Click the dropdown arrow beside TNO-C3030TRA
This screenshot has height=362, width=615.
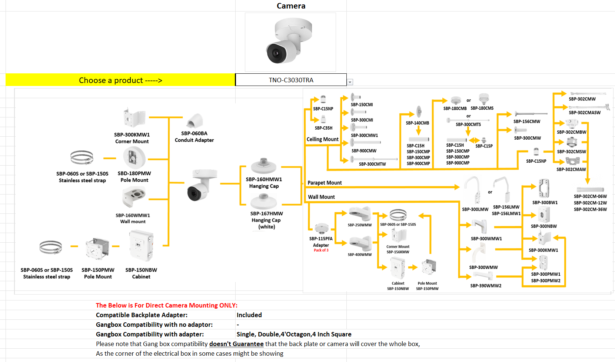[350, 82]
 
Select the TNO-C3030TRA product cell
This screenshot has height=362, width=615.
[291, 80]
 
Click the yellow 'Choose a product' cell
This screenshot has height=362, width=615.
[120, 80]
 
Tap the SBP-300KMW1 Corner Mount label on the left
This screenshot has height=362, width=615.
[132, 138]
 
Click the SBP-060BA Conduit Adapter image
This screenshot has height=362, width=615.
[195, 121]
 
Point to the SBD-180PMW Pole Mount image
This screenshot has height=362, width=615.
[134, 157]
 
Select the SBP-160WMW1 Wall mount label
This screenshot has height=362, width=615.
[133, 218]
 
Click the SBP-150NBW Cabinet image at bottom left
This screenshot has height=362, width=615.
[141, 245]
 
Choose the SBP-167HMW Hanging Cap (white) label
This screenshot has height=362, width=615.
[266, 220]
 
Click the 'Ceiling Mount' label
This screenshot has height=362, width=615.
[322, 139]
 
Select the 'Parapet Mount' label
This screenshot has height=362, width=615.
[325, 183]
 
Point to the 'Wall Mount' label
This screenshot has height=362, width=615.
[321, 197]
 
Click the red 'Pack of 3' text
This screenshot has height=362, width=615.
[321, 250]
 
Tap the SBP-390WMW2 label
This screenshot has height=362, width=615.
[486, 286]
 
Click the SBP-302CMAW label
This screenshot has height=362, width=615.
[571, 169]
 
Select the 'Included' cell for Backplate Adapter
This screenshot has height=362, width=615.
[249, 315]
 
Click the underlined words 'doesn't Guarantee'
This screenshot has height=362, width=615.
[236, 344]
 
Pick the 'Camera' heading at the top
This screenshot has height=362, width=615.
[291, 6]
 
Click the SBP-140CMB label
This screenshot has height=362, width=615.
[417, 123]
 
